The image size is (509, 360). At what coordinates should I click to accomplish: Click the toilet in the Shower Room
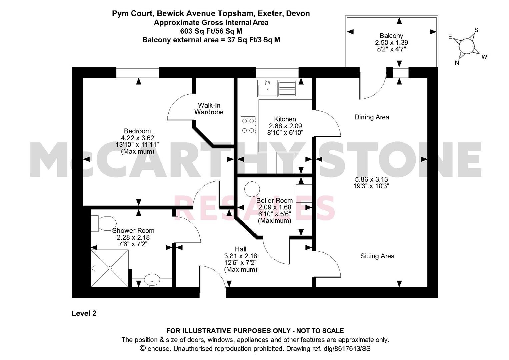coord(104,223)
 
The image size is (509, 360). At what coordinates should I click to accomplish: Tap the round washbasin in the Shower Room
coord(152,280)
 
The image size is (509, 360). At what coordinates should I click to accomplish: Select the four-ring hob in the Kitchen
coord(248,126)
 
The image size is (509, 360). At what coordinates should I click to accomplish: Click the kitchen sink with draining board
coord(277,88)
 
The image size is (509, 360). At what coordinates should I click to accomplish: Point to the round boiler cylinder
coord(252,189)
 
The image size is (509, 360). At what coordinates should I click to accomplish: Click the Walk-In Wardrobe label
coord(209,109)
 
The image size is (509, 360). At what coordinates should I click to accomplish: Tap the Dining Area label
coord(372,117)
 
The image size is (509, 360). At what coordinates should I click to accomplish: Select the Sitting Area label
coord(377,256)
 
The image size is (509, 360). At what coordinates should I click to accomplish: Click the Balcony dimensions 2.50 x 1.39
coord(391,43)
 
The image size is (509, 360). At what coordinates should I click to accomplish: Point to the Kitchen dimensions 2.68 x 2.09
coord(285,126)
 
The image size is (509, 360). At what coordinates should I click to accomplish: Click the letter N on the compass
coord(457,63)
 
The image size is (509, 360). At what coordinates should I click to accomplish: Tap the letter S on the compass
coord(476,30)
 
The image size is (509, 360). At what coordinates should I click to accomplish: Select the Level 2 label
coord(84,313)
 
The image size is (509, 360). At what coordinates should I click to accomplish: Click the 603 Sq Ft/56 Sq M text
coord(211,31)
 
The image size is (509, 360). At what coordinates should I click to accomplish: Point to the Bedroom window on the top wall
coord(137,72)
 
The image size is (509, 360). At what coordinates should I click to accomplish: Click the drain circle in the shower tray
coord(110,268)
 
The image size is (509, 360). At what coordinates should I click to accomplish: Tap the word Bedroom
coord(137,131)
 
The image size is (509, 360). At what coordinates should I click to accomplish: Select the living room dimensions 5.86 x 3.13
coord(371,180)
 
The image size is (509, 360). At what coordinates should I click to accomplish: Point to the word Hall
coord(240,249)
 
